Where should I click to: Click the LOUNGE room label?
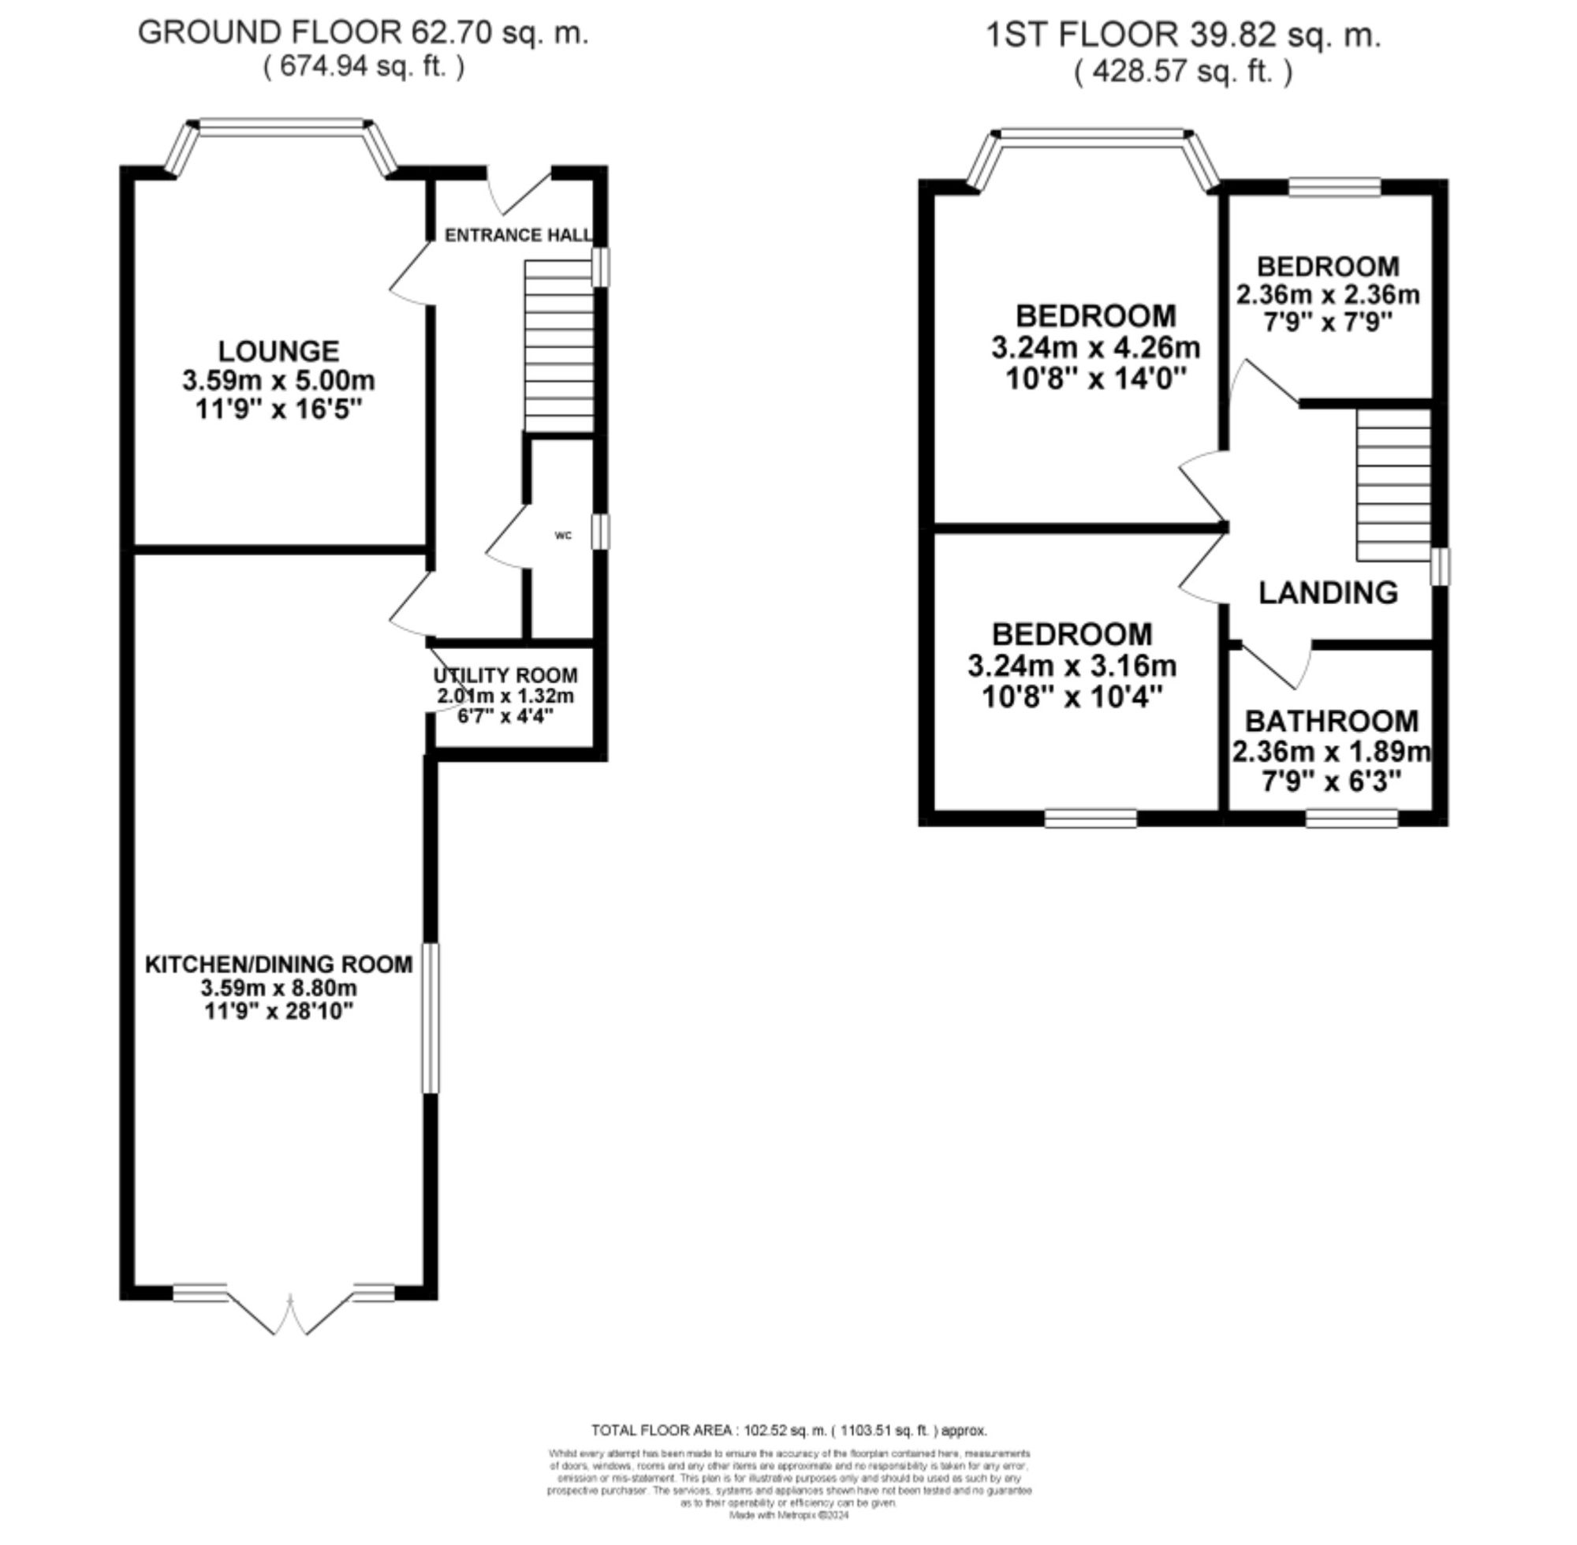pos(278,352)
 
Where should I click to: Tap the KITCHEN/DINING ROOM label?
pos(278,964)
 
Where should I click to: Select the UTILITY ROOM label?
pos(505,675)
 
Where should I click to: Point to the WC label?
pos(563,536)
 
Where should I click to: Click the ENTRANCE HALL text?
pos(517,235)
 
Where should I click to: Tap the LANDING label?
pos(1328,593)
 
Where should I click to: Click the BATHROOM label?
pos(1331,721)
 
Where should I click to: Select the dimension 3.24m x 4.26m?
pos(1095,347)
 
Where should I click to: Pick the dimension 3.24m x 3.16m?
pos(1072,666)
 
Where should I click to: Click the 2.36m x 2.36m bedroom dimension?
pos(1328,294)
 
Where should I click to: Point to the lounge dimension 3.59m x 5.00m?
pos(278,381)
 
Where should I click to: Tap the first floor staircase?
pos(1392,484)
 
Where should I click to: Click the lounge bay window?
pos(281,125)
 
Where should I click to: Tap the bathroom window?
pos(1351,818)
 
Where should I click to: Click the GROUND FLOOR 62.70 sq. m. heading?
pos(363,32)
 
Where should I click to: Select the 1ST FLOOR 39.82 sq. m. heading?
pos(1182,35)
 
